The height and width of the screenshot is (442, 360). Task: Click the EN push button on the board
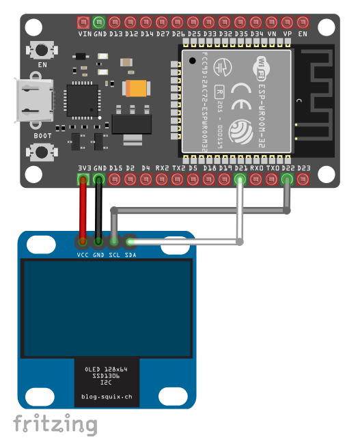42,51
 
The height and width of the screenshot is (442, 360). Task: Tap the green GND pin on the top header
99,23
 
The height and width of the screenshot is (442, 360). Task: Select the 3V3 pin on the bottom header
83,180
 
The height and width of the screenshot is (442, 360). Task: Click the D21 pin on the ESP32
240,180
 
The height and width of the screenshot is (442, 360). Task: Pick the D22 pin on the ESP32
287,180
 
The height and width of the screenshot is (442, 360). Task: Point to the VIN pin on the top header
83,23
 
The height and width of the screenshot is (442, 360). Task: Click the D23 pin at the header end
303,180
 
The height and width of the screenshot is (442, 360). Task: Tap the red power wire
83,212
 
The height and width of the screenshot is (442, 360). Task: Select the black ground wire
99,212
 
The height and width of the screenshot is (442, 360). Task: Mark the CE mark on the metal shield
240,89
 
